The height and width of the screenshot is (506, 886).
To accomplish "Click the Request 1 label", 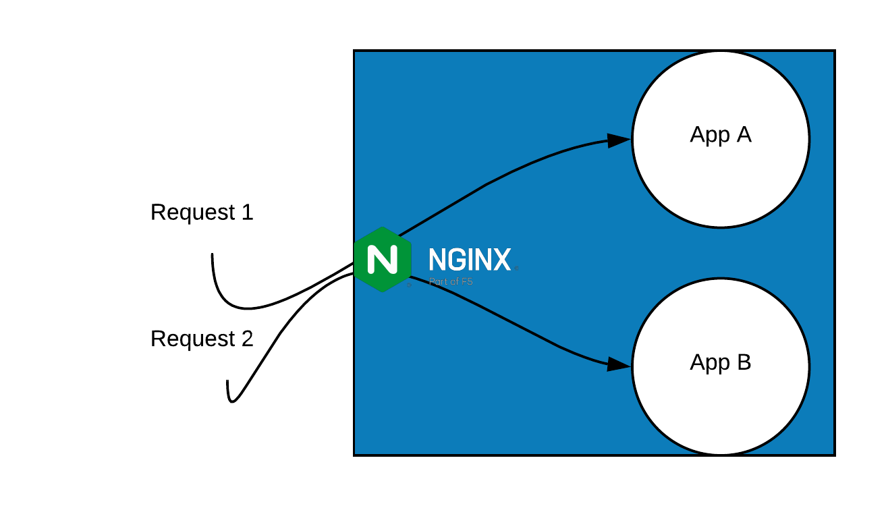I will point(202,213).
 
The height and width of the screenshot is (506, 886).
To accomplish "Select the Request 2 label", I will point(202,339).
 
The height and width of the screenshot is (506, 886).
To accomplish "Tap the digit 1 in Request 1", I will point(246,213).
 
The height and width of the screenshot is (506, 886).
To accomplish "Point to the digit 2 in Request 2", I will point(246,339).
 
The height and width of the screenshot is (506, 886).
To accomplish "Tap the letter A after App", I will point(743,135).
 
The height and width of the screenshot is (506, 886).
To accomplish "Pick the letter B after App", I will point(743,363).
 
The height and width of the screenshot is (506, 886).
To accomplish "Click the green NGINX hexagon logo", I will point(383,260).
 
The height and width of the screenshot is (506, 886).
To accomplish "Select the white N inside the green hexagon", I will point(383,260).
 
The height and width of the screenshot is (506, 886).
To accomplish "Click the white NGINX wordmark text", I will point(470,260).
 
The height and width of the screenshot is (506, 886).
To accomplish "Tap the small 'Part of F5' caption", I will point(451,281).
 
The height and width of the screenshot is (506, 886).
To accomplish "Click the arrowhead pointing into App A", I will point(618,140).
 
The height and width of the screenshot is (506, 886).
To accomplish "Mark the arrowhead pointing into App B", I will point(618,364).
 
